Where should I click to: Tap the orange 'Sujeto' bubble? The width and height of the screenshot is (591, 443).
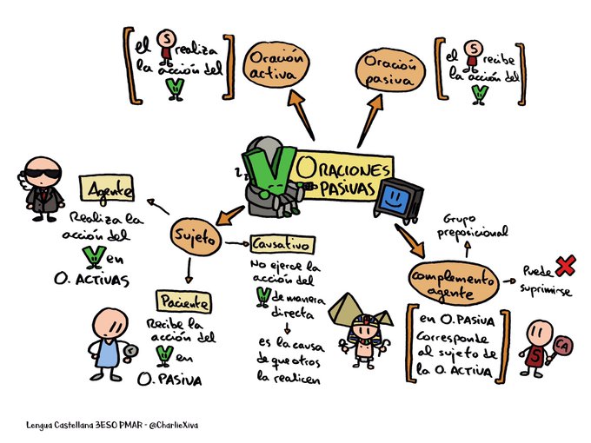click(x=196, y=237)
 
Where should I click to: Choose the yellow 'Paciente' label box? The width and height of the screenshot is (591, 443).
click(x=182, y=301)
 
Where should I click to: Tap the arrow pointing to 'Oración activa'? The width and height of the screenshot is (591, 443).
click(x=298, y=120)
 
